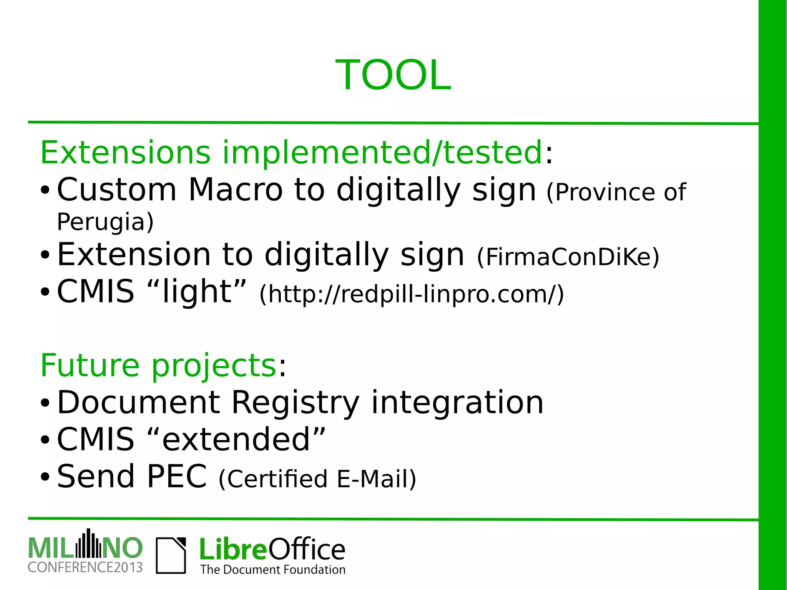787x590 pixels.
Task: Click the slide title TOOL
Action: tap(393, 75)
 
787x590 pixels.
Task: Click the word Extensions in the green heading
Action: tap(125, 153)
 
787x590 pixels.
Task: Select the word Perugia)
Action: tap(105, 222)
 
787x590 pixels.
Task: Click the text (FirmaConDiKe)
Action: tap(568, 257)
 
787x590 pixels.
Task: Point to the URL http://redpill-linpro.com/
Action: tap(412, 294)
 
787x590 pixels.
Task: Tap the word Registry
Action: tap(295, 402)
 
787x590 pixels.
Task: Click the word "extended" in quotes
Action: tap(236, 439)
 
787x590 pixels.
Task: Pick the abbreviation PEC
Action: tap(177, 477)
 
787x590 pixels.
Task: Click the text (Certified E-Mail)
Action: tap(317, 479)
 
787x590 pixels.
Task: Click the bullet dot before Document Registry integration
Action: tap(45, 403)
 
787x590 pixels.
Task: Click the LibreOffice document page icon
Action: tap(171, 555)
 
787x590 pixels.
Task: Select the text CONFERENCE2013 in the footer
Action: tap(85, 567)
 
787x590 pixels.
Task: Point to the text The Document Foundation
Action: tap(272, 569)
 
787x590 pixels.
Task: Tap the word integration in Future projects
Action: tap(457, 402)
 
